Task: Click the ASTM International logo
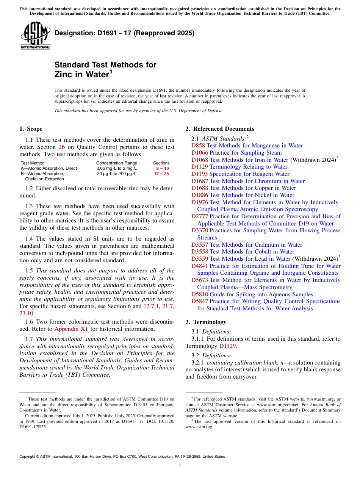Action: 35,36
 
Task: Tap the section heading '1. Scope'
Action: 31,129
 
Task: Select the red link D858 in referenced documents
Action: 198,146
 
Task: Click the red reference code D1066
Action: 200,153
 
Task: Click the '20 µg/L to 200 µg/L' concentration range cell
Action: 117,174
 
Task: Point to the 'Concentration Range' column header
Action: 117,163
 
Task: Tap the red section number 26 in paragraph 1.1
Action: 61,147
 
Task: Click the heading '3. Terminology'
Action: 206,322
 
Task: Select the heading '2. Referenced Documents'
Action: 220,129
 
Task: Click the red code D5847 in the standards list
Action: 200,301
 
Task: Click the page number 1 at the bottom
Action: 180,466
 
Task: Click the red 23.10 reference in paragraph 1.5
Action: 27,313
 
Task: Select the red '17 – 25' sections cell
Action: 161,174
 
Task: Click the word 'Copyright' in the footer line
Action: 28,457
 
